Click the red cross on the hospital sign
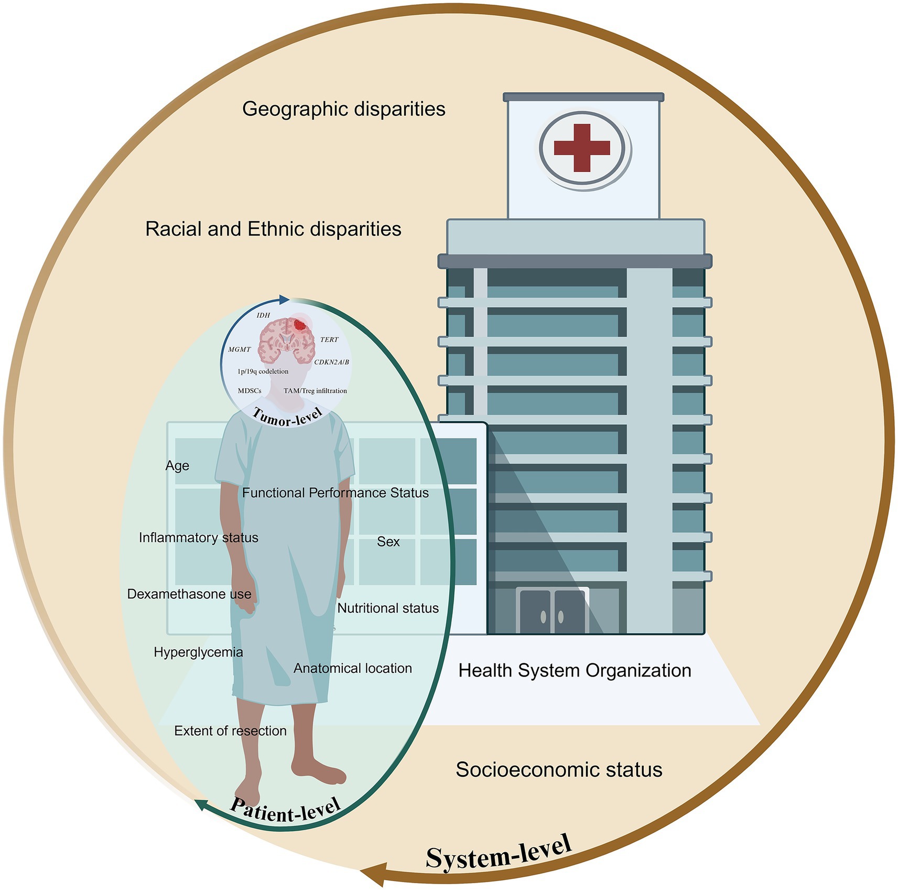[582, 148]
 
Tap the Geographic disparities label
[343, 109]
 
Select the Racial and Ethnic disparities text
[273, 229]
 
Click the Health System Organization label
[575, 670]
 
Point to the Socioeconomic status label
[559, 769]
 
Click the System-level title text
[498, 853]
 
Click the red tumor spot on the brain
[300, 325]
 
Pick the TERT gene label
[329, 340]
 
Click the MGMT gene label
[240, 349]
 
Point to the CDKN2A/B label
[331, 362]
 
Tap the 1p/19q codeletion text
[263, 371]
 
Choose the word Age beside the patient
[177, 466]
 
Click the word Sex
[388, 542]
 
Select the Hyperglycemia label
[198, 652]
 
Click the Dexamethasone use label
[189, 594]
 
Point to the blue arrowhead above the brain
[284, 299]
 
